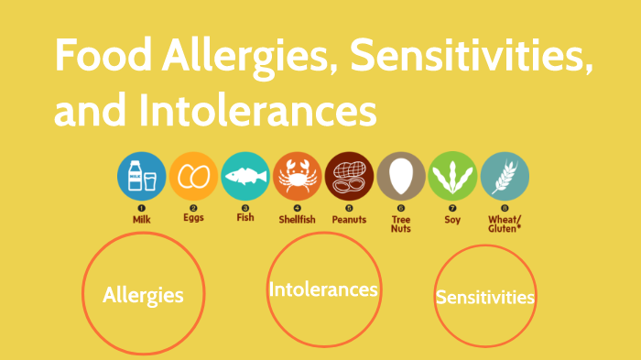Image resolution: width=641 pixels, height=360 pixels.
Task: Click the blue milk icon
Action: [142, 176]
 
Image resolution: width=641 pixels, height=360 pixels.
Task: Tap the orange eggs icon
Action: [193, 176]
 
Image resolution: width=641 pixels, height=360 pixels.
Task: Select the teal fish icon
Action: [245, 176]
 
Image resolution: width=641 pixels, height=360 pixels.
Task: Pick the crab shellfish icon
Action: [298, 176]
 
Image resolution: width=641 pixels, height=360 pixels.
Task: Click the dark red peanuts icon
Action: [349, 176]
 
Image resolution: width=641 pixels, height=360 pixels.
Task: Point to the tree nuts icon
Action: [401, 176]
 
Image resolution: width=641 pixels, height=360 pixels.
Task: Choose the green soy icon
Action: [452, 176]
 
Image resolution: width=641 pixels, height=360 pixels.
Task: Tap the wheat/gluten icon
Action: [505, 176]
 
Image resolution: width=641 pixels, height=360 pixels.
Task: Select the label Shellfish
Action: [298, 220]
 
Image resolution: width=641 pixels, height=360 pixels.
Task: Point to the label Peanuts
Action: [349, 219]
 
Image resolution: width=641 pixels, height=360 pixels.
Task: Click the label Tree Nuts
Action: [401, 224]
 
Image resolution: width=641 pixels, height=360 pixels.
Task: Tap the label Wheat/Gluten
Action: [505, 224]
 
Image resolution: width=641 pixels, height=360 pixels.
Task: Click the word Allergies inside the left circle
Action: [143, 295]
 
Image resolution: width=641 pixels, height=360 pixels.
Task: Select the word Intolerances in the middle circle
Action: [323, 289]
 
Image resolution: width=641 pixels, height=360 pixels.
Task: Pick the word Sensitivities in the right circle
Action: [485, 298]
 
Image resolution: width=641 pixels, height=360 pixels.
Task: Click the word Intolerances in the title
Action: [258, 110]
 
